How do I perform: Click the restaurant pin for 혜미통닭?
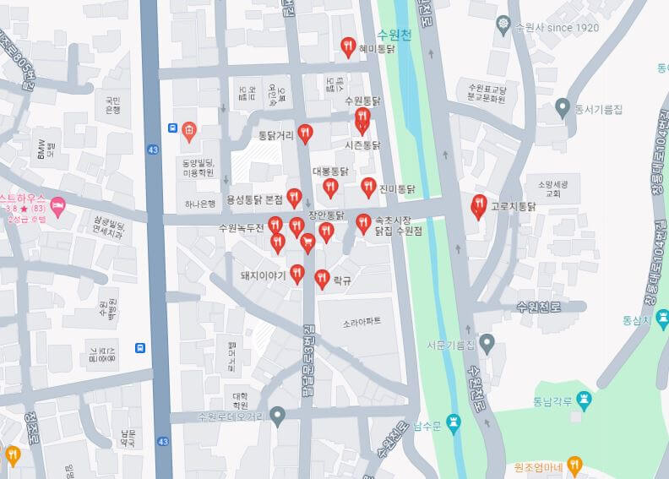pos(347,47)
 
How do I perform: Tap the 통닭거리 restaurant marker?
pos(305,133)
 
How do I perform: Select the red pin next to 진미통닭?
pos(368,187)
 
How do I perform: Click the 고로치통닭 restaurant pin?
pos(479,205)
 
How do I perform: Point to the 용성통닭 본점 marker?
pos(294,197)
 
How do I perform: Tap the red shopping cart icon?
pos(307,243)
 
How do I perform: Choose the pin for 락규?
pos(322,277)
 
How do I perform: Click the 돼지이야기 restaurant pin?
pos(297,273)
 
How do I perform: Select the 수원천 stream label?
pos(394,35)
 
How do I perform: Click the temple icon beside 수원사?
pos(504,24)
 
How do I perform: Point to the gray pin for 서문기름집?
pos(487,342)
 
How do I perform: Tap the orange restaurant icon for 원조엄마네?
pos(575,464)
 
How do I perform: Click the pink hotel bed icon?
pos(57,204)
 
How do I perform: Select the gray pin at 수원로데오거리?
pos(278,415)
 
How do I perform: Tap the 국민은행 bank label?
pos(112,104)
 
